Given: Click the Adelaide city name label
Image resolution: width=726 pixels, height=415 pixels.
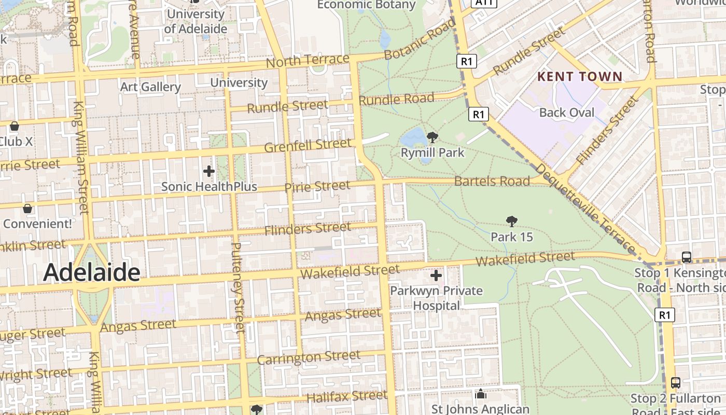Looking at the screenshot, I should click(92, 272).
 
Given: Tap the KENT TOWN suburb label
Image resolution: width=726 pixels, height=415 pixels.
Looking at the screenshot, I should click(579, 77).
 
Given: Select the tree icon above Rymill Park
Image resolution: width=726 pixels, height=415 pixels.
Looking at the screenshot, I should click(432, 137).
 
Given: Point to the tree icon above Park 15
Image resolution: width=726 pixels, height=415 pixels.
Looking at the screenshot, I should click(512, 222).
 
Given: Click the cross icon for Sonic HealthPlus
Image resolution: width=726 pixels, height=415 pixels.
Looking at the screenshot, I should click(209, 171).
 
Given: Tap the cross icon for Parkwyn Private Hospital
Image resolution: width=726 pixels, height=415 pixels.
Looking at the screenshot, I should click(436, 275).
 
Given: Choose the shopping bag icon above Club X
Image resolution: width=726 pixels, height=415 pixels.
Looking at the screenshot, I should click(15, 126).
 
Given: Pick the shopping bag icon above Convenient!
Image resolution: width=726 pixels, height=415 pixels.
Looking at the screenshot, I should click(27, 209).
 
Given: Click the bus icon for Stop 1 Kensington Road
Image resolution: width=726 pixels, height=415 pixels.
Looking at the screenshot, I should click(687, 257).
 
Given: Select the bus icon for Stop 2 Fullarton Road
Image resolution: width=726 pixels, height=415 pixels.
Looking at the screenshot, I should click(675, 382).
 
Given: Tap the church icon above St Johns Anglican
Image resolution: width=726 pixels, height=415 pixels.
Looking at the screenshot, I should click(481, 394).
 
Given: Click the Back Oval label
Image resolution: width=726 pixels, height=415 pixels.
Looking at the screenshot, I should click(567, 113).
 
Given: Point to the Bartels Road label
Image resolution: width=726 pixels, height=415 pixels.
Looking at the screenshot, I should click(492, 181).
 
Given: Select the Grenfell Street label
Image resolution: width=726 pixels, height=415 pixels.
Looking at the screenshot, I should click(308, 145).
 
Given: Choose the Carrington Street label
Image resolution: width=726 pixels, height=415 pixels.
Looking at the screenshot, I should click(309, 357).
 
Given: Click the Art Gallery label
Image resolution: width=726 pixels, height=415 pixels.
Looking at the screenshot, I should click(150, 87).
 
